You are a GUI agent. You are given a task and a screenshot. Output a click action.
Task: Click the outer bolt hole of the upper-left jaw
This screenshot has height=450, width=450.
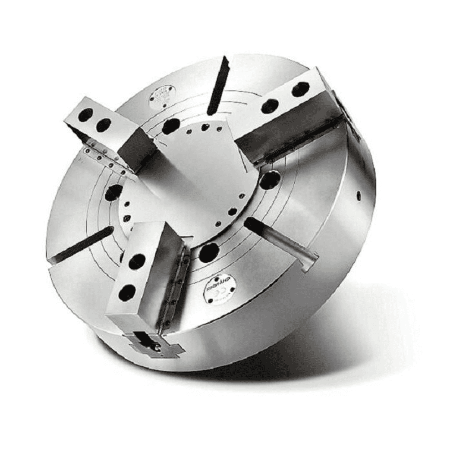(x=85, y=114)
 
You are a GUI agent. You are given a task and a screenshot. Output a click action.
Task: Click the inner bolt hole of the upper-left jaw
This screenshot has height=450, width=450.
(x=104, y=125)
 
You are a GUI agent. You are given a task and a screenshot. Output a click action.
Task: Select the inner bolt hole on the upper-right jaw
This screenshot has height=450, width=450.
(x=270, y=106)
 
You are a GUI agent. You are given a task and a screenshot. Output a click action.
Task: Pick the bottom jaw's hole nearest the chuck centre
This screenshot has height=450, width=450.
(x=137, y=261)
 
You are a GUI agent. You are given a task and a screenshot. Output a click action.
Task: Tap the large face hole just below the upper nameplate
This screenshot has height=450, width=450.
(x=171, y=126)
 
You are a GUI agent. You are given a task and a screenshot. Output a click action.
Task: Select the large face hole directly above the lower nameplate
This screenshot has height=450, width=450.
(x=209, y=252)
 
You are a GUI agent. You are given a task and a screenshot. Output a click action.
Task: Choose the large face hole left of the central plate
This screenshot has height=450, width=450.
(x=113, y=192)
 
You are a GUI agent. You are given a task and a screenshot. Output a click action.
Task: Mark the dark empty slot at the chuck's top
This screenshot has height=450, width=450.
(x=218, y=86)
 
